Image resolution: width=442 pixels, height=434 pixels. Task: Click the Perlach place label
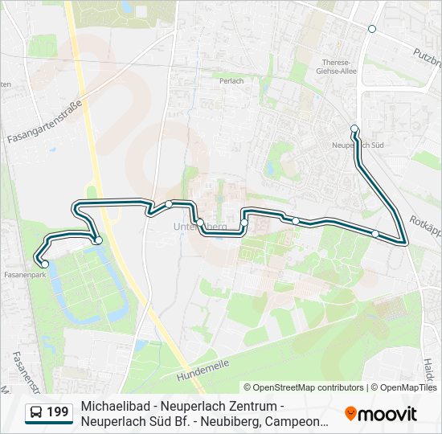pos(231,80)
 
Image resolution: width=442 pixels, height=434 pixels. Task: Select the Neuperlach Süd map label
pos(358,145)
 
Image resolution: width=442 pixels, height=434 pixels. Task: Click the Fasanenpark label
pos(23,274)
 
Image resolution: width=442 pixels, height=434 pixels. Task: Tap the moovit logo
pos(381,414)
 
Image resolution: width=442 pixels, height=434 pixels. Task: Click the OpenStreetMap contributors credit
pos(304,387)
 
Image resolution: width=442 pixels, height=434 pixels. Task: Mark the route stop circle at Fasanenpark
pos(45,264)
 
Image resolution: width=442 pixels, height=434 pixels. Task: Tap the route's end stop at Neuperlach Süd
pos(354,128)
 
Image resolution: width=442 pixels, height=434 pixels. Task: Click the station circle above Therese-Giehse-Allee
pos(371,29)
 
